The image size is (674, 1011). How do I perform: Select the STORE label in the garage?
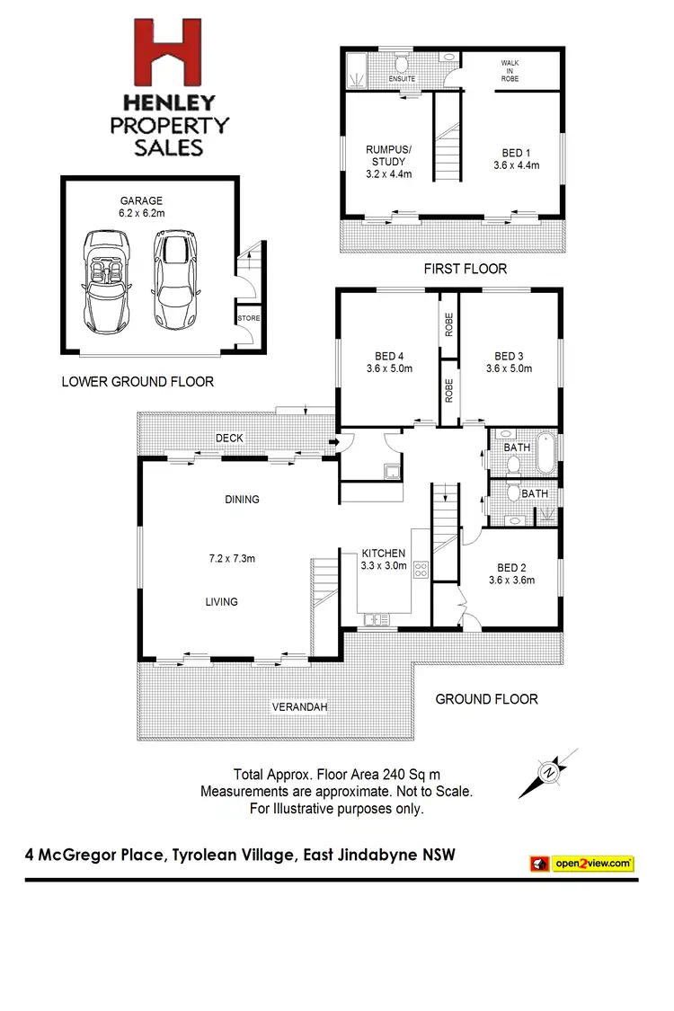[x=247, y=318]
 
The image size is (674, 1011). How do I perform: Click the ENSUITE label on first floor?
[x=402, y=79]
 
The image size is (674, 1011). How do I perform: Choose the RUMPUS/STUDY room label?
[x=388, y=162]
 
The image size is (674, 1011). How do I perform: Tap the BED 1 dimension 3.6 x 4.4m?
[x=516, y=165]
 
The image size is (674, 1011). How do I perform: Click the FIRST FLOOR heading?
[x=465, y=269]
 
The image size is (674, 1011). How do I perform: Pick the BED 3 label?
[x=509, y=355]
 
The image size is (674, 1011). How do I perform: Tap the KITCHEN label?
[x=384, y=553]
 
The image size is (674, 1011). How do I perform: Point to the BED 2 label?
[x=511, y=567]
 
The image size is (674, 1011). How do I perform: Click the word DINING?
[x=242, y=499]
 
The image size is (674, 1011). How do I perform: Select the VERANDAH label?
[x=299, y=707]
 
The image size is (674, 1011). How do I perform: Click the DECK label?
[x=228, y=438]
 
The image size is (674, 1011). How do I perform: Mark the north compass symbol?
[x=547, y=771]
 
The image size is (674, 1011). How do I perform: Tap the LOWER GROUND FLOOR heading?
[x=137, y=381]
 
